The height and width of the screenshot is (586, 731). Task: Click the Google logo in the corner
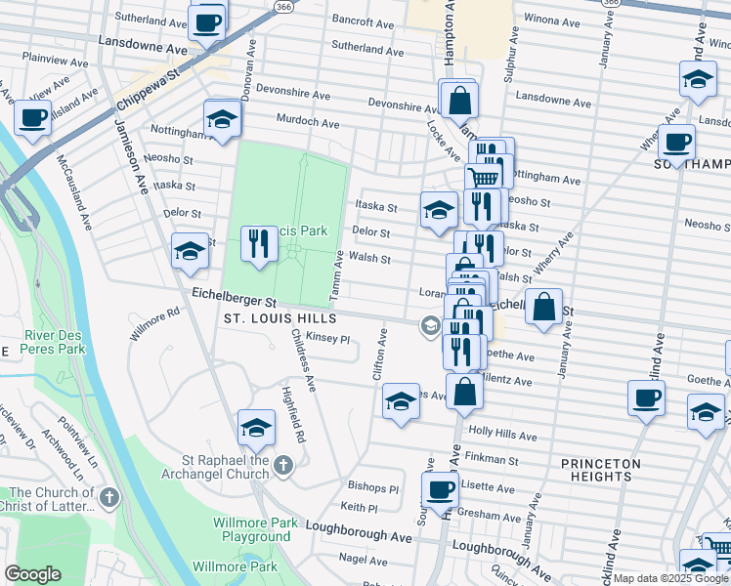pyautogui.click(x=32, y=574)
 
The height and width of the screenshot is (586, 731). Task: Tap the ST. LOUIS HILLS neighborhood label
pyautogui.click(x=279, y=318)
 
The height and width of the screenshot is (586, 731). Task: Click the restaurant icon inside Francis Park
pyautogui.click(x=258, y=243)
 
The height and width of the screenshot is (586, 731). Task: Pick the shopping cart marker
pyautogui.click(x=483, y=177)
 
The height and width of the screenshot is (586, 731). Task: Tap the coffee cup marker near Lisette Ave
pyautogui.click(x=440, y=487)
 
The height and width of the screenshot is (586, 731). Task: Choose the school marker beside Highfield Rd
pyautogui.click(x=256, y=426)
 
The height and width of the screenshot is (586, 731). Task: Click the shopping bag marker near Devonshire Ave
pyautogui.click(x=456, y=99)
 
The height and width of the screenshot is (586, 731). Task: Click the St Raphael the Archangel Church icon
pyautogui.click(x=283, y=464)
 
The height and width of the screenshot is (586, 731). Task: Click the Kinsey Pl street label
pyautogui.click(x=327, y=338)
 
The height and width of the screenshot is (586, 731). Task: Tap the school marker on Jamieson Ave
pyautogui.click(x=190, y=251)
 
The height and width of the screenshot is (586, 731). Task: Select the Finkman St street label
pyautogui.click(x=492, y=458)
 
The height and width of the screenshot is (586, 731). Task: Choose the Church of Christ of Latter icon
pyautogui.click(x=108, y=498)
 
